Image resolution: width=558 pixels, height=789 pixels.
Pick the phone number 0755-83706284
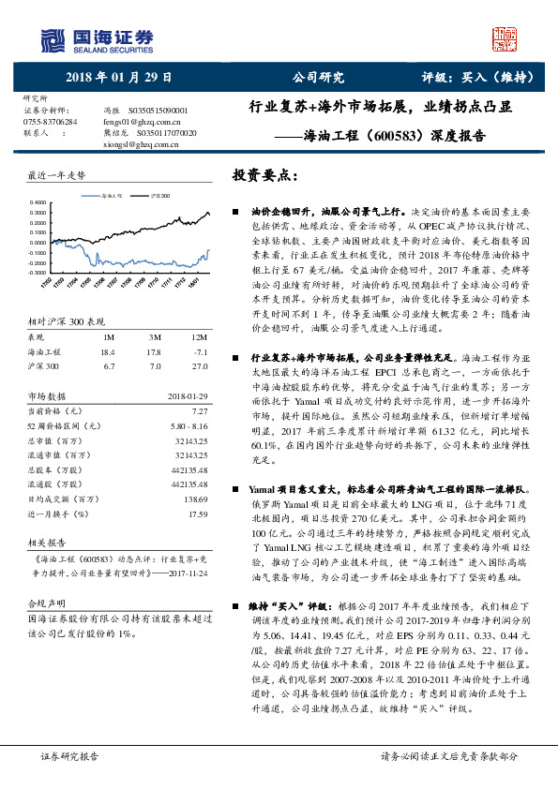point(53,122)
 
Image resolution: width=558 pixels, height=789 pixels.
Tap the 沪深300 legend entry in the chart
point(160,196)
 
